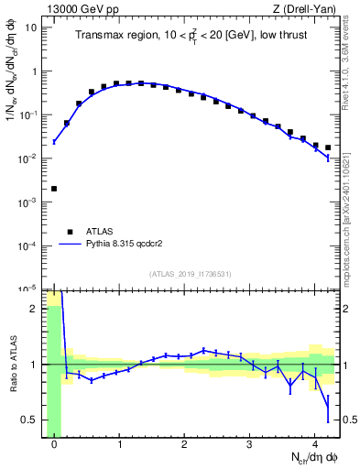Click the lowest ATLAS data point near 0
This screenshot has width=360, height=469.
click(54, 189)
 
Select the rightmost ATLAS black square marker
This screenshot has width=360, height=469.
click(328, 147)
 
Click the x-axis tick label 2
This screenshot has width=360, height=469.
click(184, 445)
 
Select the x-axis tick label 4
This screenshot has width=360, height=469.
click(314, 445)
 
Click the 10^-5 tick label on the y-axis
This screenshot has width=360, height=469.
click(28, 289)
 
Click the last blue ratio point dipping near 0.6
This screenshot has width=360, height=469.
click(328, 407)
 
